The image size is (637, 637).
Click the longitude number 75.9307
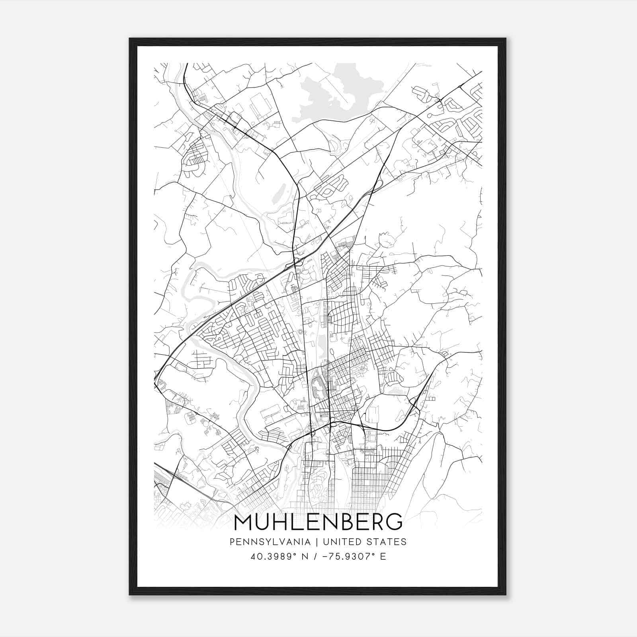pos(351,556)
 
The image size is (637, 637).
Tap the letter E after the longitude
pos(383,556)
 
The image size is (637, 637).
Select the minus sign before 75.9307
pos(328,556)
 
